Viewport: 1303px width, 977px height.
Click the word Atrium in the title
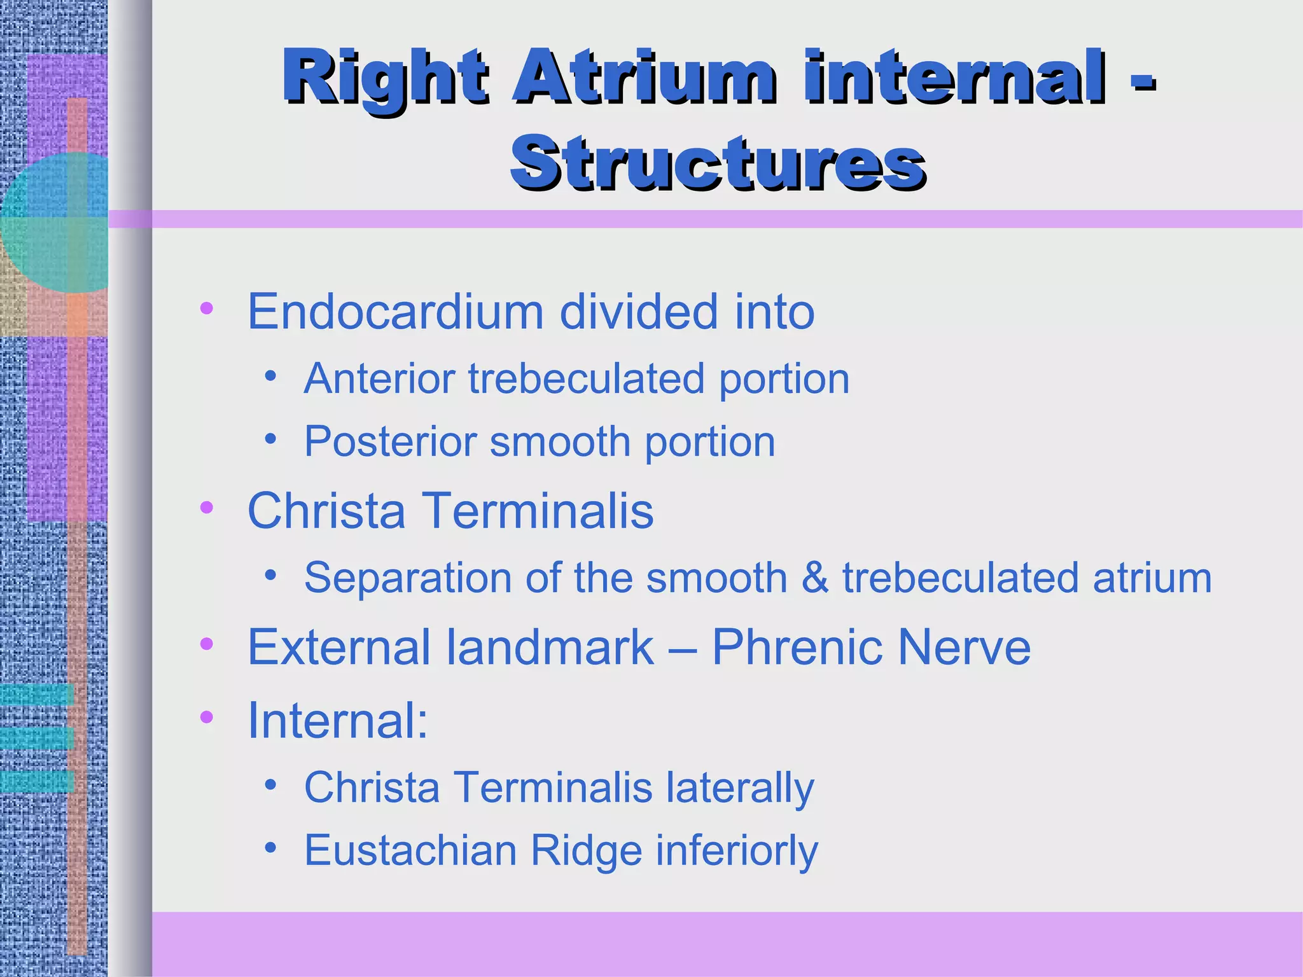tap(644, 78)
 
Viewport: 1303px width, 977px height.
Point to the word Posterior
tap(390, 441)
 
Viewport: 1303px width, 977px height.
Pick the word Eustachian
tap(410, 850)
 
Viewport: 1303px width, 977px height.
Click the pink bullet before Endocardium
tap(206, 309)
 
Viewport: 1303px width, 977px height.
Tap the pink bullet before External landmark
tap(206, 644)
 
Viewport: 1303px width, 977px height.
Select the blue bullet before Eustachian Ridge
tap(271, 848)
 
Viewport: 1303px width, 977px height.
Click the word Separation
tap(408, 578)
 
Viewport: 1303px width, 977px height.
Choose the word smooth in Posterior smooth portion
tap(560, 441)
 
